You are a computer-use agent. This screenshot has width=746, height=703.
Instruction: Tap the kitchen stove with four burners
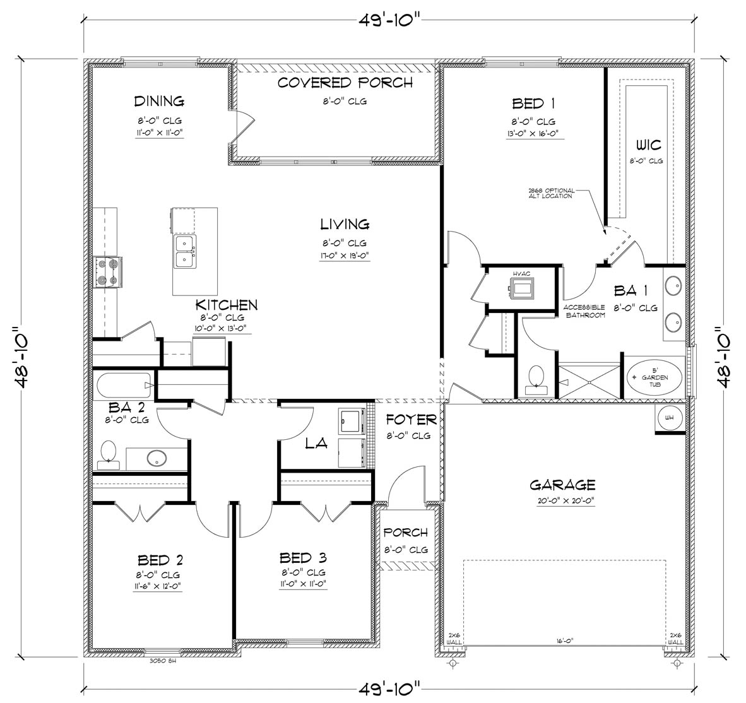(x=108, y=272)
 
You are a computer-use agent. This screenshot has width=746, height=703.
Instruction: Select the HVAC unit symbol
(x=524, y=289)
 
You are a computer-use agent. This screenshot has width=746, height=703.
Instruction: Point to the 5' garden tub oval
(x=654, y=377)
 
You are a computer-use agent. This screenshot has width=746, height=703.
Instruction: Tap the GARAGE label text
(x=562, y=485)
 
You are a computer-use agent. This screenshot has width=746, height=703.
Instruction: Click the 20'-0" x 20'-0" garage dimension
(x=562, y=500)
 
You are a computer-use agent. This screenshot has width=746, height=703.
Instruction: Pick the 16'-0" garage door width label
(x=564, y=641)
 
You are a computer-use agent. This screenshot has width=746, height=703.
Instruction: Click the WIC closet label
(x=649, y=146)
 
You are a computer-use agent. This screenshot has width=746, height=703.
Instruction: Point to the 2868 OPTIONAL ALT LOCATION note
(x=550, y=192)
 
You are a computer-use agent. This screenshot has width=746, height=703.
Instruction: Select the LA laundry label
(x=316, y=444)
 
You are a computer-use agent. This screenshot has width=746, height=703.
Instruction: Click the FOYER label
(x=411, y=420)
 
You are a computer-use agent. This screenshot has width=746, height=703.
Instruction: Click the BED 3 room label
(x=303, y=558)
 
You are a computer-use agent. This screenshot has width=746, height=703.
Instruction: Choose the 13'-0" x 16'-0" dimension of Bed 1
(x=533, y=133)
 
